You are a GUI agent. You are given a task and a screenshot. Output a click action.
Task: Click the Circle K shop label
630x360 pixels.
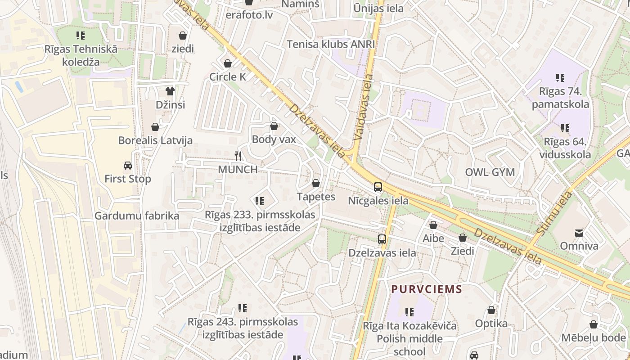point(228,77)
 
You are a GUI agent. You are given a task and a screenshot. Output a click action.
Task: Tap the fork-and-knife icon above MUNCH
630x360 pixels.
point(238,156)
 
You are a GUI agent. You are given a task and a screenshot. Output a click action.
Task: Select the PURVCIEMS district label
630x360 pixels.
point(427,289)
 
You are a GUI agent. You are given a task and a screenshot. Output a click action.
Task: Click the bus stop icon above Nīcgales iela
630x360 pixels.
point(378,187)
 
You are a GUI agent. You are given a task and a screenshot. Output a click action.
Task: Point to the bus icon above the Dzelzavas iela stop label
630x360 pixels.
point(382,239)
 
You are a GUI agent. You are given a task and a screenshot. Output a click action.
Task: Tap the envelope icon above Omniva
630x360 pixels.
point(579,233)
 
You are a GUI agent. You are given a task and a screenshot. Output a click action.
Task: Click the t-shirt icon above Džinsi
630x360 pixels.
point(170,91)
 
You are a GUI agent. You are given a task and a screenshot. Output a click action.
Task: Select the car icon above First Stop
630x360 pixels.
point(128,166)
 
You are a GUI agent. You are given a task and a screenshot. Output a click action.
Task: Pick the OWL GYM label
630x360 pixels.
point(490,172)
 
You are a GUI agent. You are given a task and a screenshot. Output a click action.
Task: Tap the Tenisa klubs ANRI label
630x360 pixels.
point(331,44)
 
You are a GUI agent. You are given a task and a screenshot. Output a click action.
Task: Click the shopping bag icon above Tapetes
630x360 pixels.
point(316,184)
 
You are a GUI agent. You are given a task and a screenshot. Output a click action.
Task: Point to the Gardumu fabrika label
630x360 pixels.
point(136,216)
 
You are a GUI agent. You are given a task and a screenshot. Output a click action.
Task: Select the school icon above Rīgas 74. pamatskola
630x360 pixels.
point(560,78)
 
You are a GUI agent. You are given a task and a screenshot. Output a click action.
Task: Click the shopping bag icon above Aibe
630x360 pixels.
point(433,225)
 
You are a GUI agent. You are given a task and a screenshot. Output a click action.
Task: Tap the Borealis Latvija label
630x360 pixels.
point(155,140)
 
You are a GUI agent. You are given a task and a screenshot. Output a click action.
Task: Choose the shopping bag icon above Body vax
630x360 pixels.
point(274,126)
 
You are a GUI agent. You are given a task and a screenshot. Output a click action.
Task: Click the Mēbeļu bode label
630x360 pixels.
point(593,337)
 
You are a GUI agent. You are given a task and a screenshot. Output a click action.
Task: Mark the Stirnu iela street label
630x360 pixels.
point(554,212)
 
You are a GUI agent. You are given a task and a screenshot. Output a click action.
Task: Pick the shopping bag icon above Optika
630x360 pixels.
point(491,310)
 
